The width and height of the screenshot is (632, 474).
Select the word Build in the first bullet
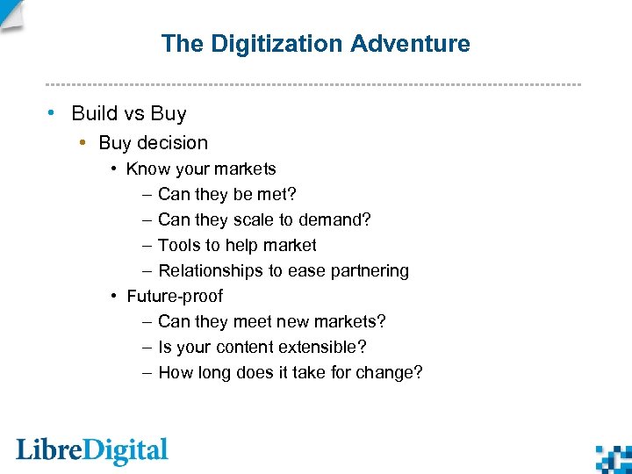click(x=93, y=114)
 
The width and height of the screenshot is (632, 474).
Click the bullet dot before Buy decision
click(x=82, y=142)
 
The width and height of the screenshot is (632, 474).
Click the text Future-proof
click(x=175, y=296)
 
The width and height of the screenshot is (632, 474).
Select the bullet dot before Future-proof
click(x=115, y=296)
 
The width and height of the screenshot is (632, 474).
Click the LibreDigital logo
click(x=92, y=451)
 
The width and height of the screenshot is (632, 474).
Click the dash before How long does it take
click(x=147, y=372)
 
